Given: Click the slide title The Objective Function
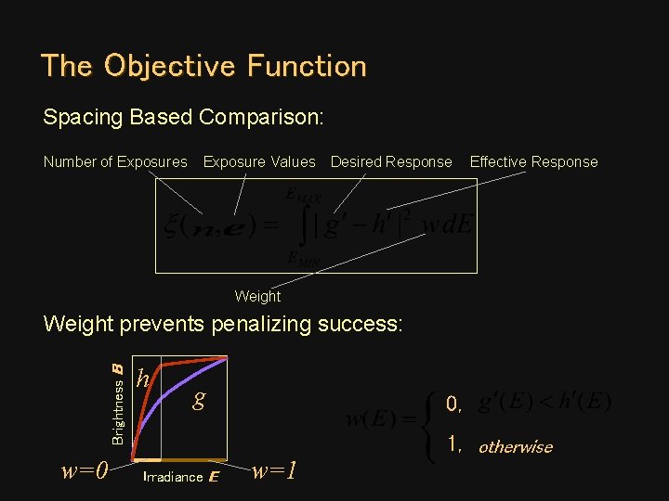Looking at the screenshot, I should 203,66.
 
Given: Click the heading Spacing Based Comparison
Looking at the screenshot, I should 183,118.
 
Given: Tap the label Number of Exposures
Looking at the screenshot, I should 115,161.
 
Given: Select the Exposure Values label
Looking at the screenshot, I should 259,161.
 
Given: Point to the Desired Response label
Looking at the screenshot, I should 391,161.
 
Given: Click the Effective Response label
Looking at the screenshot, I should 533,161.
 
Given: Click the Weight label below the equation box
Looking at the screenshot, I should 257,296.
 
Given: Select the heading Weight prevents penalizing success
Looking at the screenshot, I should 223,325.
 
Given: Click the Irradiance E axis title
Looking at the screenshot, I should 181,477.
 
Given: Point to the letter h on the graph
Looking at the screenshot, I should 143,379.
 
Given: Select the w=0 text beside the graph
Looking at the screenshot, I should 85,470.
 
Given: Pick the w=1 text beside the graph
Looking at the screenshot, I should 276,470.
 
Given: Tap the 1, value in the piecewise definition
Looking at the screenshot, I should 454,444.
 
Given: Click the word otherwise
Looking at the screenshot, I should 515,446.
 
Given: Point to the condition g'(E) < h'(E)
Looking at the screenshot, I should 544,403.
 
